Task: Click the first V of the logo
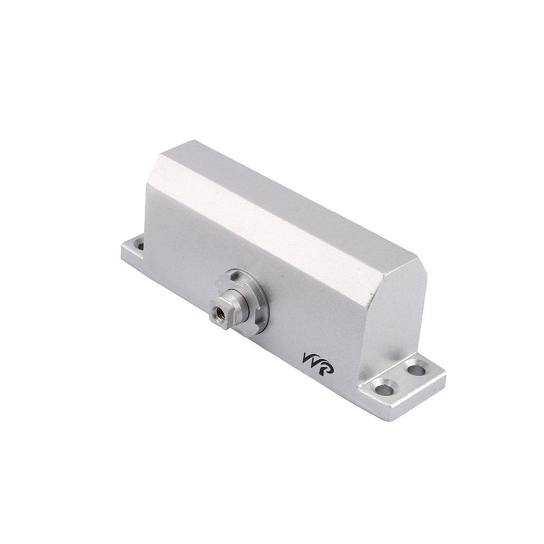coord(306,361)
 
